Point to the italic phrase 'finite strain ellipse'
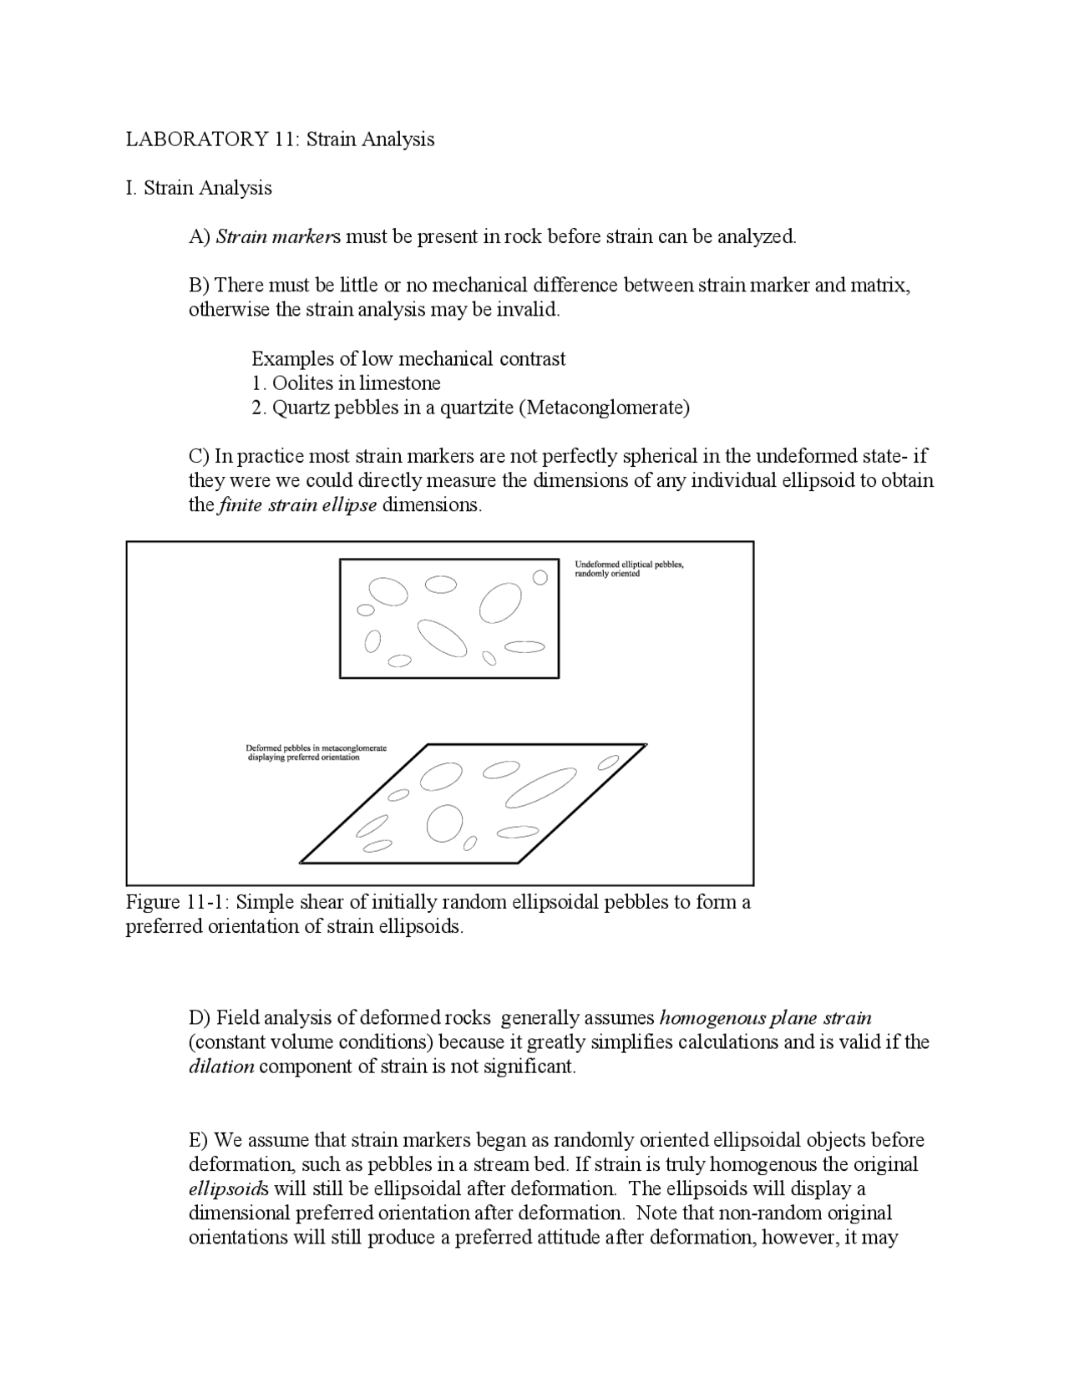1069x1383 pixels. click(x=297, y=505)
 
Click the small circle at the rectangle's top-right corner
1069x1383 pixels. click(x=540, y=577)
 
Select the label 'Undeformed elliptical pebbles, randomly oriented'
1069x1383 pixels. click(x=629, y=570)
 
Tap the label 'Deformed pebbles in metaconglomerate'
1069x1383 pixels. click(x=316, y=748)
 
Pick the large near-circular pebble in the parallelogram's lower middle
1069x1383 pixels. click(x=444, y=824)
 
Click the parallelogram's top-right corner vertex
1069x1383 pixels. click(x=646, y=744)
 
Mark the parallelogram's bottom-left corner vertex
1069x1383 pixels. click(x=301, y=861)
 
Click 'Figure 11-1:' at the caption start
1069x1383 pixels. click(x=177, y=903)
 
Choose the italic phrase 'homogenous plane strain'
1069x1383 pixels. click(x=765, y=1018)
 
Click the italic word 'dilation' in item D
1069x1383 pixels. click(x=221, y=1066)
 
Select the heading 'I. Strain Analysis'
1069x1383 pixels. click(x=199, y=188)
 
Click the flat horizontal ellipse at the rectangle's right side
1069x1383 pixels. click(x=525, y=646)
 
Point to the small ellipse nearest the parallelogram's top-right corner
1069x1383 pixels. click(x=609, y=762)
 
